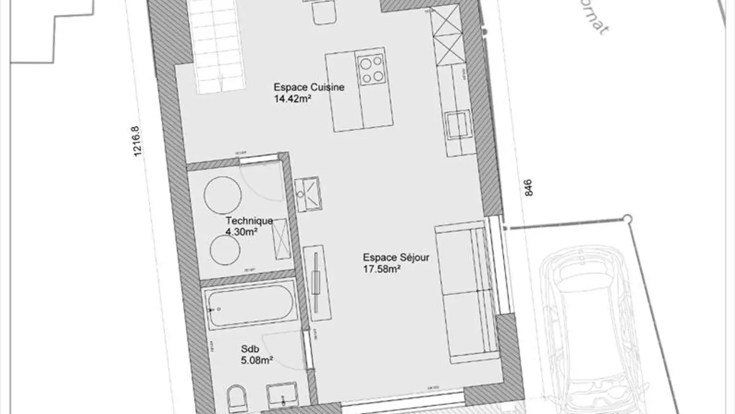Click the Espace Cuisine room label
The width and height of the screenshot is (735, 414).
point(309,87)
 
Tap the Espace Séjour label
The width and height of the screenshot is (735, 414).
point(396,257)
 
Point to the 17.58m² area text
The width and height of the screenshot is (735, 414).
point(381,269)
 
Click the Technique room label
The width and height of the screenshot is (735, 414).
point(249,221)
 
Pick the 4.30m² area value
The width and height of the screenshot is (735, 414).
point(241,232)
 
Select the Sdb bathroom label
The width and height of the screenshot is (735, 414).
point(247,349)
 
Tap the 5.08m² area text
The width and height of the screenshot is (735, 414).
point(257,360)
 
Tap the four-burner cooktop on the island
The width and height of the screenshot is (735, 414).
point(371,69)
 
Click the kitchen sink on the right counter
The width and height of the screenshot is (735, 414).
point(457,124)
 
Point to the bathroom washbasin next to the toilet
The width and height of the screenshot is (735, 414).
point(282,395)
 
